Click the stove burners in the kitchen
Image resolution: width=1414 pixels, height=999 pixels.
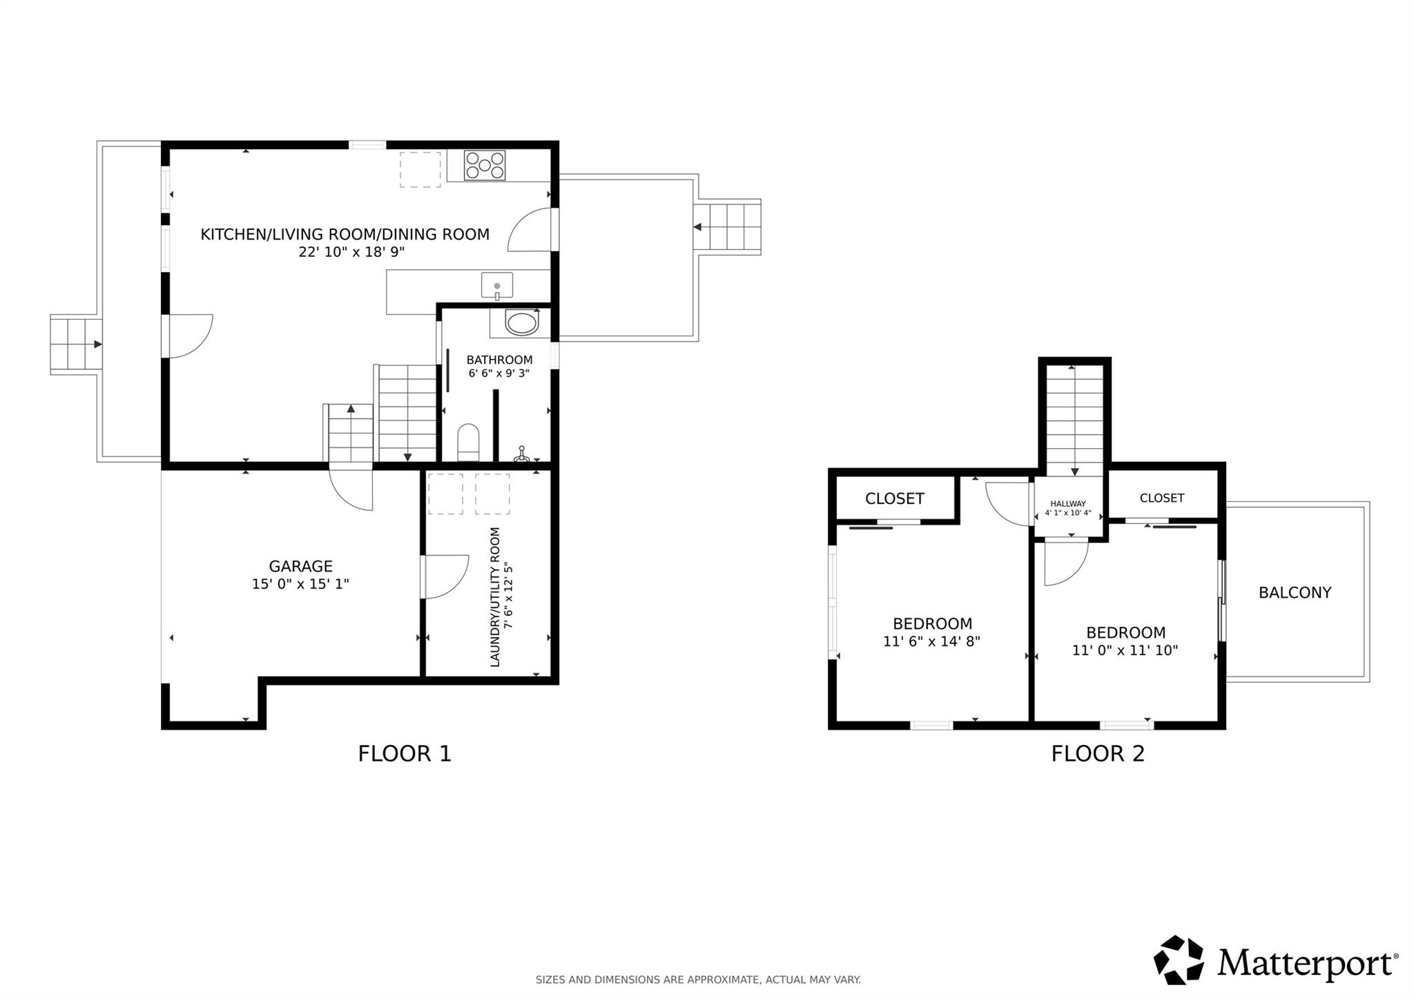click(484, 166)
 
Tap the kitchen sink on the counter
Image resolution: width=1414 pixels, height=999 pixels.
click(497, 285)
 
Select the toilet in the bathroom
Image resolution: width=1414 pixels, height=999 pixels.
click(468, 442)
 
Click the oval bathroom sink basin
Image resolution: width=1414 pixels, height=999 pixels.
click(521, 323)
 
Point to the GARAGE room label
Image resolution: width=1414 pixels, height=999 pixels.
click(300, 566)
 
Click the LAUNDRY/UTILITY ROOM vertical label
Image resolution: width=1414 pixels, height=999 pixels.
click(495, 597)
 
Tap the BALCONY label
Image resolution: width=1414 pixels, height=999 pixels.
click(1295, 592)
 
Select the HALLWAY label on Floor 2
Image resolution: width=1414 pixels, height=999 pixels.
click(1068, 504)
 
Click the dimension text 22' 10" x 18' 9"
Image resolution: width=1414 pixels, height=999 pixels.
click(351, 252)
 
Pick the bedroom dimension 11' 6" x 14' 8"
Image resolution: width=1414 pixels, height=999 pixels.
click(931, 641)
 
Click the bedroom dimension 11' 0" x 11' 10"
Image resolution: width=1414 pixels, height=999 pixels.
click(1125, 650)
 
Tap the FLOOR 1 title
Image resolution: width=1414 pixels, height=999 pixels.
click(405, 753)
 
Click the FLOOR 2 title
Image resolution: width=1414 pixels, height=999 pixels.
click(1098, 753)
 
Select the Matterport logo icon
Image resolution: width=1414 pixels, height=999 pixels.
click(1179, 960)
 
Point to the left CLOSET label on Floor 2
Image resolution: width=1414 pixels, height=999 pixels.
click(894, 498)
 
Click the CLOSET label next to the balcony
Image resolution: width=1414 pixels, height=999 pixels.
click(1162, 498)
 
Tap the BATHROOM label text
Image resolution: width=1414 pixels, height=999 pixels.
click(499, 360)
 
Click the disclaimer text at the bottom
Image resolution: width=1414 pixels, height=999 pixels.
click(698, 980)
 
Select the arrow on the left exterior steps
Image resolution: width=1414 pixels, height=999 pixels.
click(97, 344)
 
